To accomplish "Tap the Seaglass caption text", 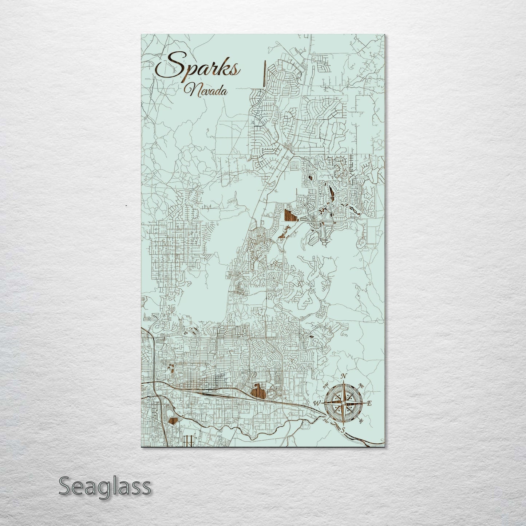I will click(104, 486).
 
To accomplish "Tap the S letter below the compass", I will click(343, 430).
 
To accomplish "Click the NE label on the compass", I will click(361, 385).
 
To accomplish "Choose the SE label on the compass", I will click(361, 421).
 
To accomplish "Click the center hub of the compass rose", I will click(343, 403).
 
